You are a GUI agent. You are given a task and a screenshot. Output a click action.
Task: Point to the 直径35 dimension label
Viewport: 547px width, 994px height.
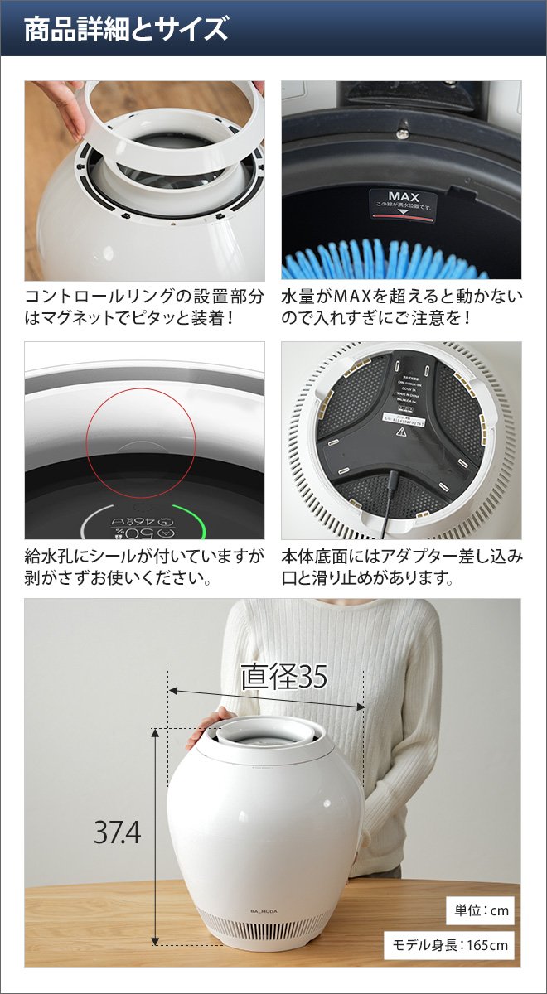283,677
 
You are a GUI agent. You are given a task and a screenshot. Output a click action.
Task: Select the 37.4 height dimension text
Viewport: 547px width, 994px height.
117,832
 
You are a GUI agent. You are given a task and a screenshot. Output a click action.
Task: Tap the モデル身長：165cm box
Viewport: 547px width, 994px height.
448,945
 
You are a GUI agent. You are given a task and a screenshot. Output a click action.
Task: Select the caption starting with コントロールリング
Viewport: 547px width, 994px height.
144,307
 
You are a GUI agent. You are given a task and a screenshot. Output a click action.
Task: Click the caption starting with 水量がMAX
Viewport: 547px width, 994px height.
402,307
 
